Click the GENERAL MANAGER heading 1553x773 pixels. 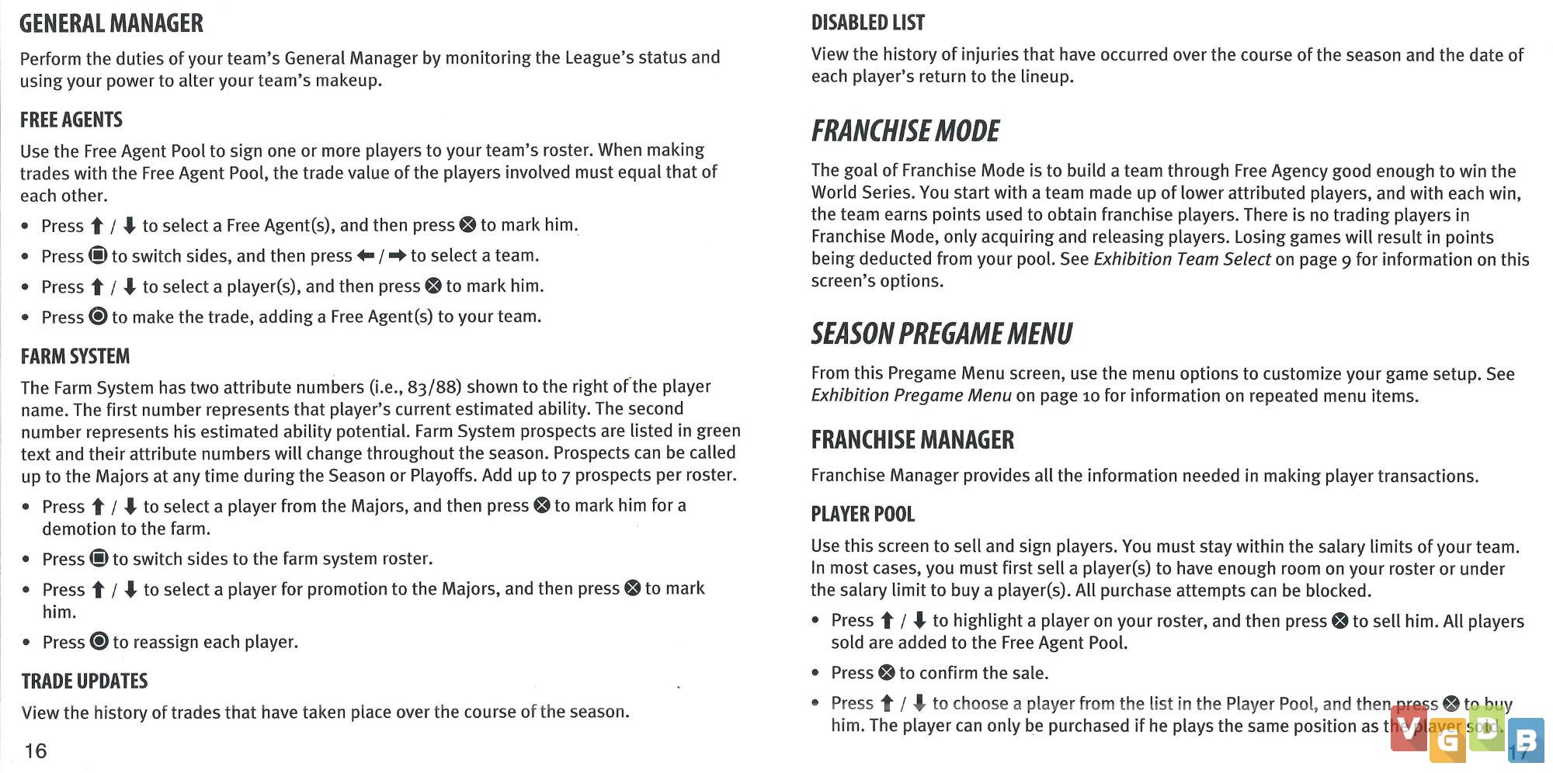click(111, 24)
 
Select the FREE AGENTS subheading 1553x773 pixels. click(71, 120)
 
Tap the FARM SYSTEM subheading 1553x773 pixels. click(75, 357)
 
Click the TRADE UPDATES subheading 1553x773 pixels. click(85, 681)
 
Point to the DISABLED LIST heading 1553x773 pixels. click(867, 23)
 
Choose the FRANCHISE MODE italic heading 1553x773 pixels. click(905, 131)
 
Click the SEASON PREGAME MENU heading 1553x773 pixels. click(941, 335)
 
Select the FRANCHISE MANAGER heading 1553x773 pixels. click(912, 441)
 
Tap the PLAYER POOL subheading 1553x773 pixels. click(863, 515)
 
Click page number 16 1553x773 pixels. click(36, 751)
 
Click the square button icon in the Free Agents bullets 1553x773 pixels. click(98, 256)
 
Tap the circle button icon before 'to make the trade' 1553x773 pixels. click(98, 317)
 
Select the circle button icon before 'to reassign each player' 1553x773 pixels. click(99, 642)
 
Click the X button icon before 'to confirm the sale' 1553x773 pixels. click(886, 673)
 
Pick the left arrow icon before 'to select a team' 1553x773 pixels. click(366, 256)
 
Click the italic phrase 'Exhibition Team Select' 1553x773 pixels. click(1182, 259)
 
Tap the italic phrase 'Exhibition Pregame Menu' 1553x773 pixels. click(911, 396)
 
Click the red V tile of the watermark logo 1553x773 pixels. click(1408, 730)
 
